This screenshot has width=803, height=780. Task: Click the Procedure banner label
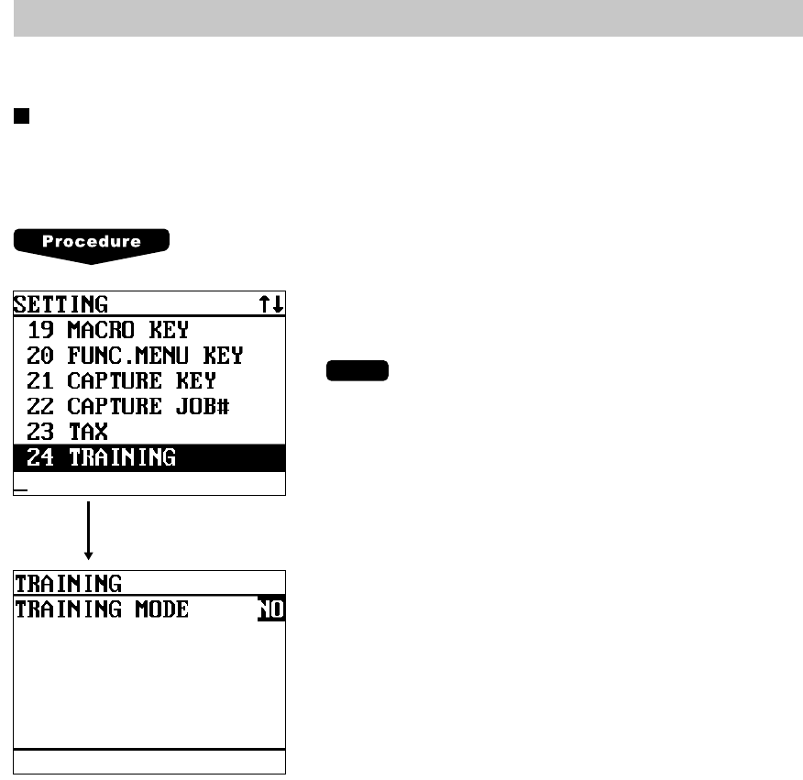[91, 242]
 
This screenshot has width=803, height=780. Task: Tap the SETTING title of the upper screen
[60, 304]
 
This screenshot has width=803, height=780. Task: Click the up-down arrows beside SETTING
[270, 304]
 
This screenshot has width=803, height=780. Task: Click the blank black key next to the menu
[357, 371]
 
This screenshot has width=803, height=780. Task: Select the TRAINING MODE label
[102, 609]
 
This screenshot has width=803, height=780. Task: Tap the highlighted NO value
[271, 609]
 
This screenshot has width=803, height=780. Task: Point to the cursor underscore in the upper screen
[20, 491]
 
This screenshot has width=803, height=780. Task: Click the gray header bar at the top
[408, 18]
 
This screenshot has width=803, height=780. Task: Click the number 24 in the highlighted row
[40, 456]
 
